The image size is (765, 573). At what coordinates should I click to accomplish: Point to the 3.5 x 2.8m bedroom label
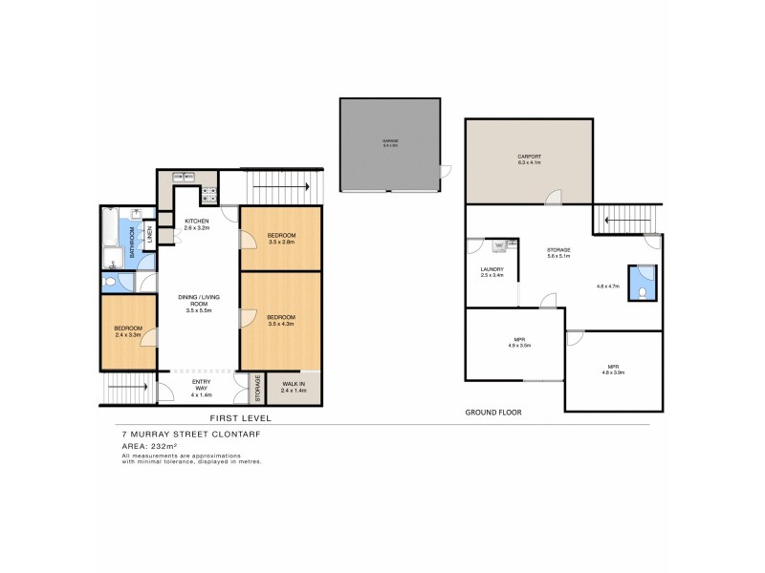(281, 239)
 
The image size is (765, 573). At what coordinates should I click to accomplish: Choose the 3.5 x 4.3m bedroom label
(281, 320)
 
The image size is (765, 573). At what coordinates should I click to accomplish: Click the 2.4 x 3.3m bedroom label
(127, 331)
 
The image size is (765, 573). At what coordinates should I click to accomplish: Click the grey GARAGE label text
(390, 143)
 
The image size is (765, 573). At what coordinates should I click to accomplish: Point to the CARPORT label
(529, 159)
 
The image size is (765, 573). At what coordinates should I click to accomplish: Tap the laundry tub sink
(499, 246)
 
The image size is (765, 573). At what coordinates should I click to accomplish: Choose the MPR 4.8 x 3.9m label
(613, 370)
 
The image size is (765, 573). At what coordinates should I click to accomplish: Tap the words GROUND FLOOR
(492, 413)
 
